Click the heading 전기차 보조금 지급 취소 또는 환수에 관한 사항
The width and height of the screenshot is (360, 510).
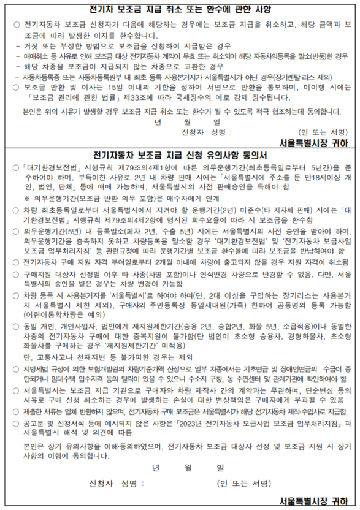(180, 9)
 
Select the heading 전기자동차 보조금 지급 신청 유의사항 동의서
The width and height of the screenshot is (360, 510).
(180, 153)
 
